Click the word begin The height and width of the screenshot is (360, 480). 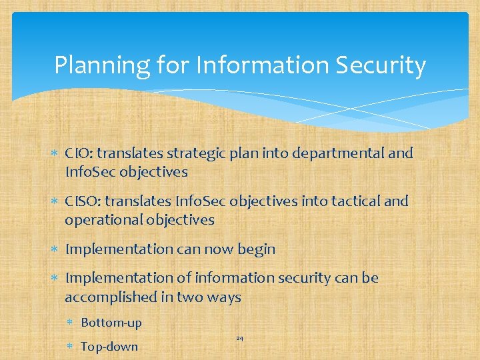point(256,249)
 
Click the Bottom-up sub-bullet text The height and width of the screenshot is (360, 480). point(111,323)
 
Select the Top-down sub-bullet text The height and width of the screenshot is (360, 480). point(109,346)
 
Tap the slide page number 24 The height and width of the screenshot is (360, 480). point(239,339)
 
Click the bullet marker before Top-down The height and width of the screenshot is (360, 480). point(72,347)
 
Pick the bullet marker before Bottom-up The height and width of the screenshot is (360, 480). point(72,323)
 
